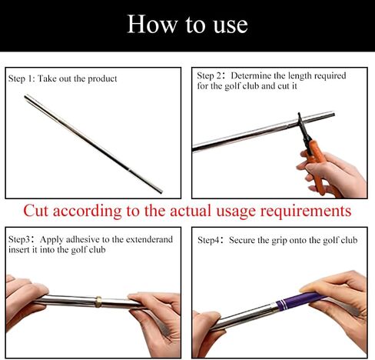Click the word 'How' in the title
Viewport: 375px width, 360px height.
point(152,24)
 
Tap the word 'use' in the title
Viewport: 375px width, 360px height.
point(231,26)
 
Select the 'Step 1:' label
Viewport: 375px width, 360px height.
point(22,78)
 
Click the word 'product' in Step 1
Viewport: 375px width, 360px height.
point(102,79)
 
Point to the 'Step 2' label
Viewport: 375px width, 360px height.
point(208,75)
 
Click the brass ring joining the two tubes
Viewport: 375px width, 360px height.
point(98,302)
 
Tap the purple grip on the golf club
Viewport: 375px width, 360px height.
point(300,301)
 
